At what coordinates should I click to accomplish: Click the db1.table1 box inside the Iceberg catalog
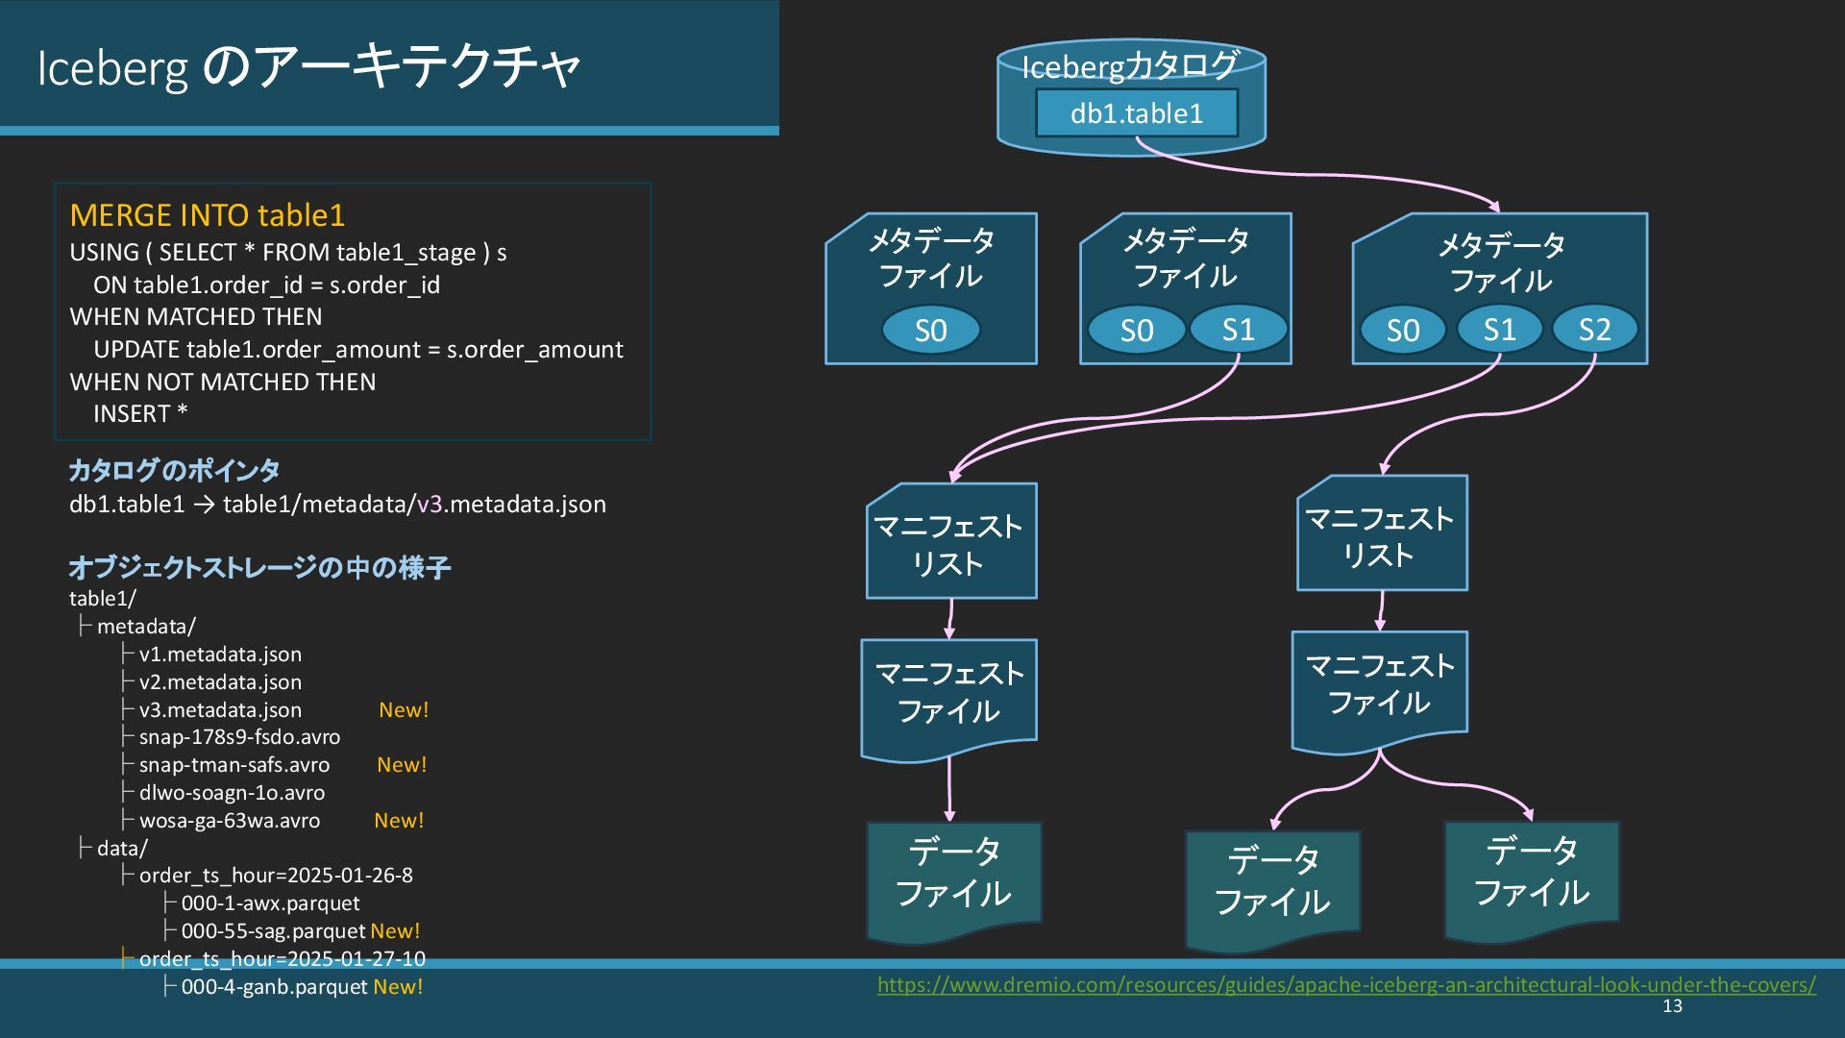(1136, 113)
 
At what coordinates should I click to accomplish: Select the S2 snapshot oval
(1594, 330)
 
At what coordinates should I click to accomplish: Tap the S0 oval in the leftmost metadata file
(930, 331)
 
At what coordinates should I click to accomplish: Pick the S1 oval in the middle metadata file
(1238, 330)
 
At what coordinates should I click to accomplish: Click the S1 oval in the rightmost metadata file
(1499, 330)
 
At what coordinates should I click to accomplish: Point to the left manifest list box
(950, 542)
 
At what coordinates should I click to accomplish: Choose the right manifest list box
(1381, 534)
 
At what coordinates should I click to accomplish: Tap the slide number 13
(1672, 1006)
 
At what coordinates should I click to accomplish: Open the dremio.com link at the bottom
(1345, 985)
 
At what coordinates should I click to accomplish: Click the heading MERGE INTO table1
(207, 215)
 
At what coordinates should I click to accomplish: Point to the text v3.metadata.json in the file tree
(220, 710)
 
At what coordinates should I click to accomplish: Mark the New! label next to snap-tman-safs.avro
(402, 765)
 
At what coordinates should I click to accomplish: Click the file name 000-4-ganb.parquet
(274, 987)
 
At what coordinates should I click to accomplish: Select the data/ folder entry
(122, 849)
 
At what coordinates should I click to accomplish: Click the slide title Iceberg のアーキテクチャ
(308, 67)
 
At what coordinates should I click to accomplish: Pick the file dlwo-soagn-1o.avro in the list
(232, 793)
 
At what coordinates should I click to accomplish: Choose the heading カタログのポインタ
(174, 470)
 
